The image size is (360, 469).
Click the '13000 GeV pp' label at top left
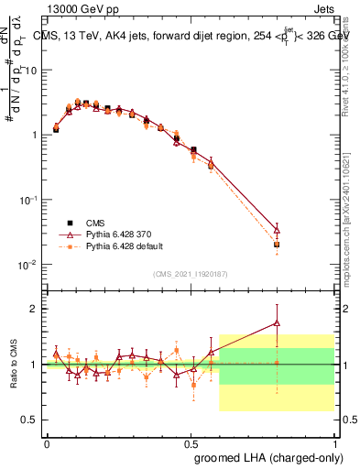coord(81,8)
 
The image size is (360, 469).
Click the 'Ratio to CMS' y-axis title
coord(13,365)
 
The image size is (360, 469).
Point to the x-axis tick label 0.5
coord(190,443)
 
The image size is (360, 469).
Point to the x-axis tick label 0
coord(47,443)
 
